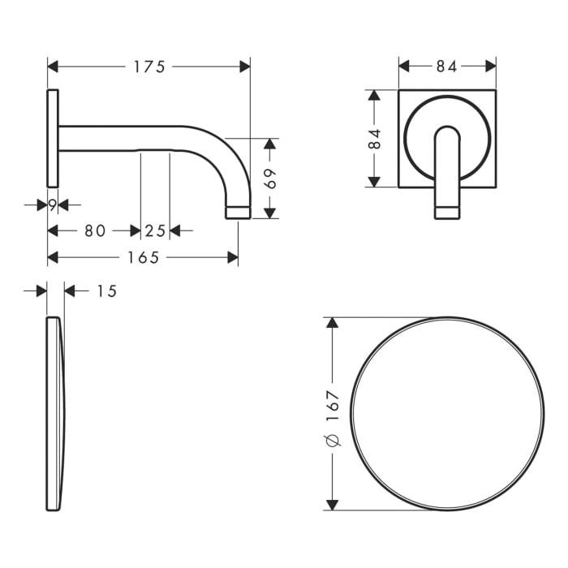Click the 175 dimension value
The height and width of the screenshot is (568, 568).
[149, 67]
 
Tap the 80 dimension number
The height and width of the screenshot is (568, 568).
[95, 230]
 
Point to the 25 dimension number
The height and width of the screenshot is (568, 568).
[155, 230]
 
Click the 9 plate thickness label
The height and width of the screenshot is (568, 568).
[51, 205]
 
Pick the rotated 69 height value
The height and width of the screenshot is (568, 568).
[271, 179]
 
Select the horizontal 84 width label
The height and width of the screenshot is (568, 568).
[446, 67]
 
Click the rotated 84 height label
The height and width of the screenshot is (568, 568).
[374, 139]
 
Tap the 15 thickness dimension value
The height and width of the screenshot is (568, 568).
[106, 290]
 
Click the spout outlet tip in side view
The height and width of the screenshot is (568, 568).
[237, 212]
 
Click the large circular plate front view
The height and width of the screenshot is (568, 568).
[447, 414]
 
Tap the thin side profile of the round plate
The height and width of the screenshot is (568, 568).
[54, 414]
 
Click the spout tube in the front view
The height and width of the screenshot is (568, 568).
[447, 174]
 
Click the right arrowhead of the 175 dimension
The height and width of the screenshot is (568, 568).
[245, 67]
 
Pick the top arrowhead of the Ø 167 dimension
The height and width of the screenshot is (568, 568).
[331, 322]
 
